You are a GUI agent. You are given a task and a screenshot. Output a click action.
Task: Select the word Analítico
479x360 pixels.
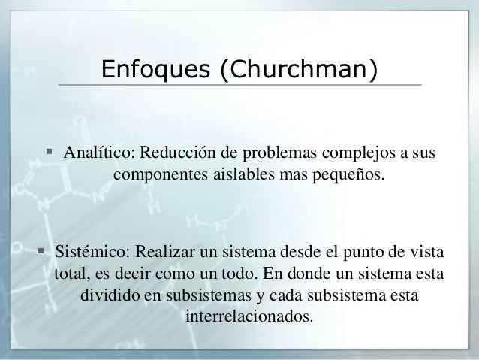coord(96,154)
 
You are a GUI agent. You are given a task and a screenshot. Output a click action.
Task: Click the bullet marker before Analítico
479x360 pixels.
coord(49,153)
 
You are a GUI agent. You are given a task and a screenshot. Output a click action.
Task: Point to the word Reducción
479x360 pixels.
coord(174,154)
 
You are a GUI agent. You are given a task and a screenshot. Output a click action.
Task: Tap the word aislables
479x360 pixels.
coord(235,176)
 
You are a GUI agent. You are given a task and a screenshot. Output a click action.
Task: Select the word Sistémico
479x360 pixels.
coord(87,250)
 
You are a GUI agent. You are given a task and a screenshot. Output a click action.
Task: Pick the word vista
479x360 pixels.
coord(423,250)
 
